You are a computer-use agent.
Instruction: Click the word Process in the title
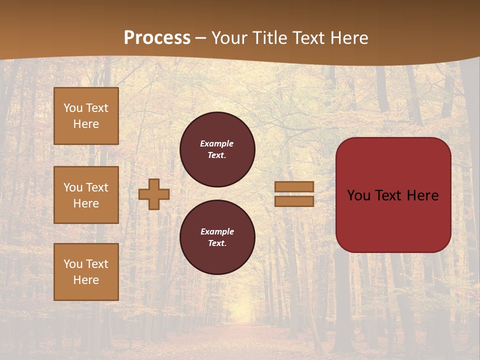coord(157,38)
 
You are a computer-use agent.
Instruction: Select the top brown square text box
coord(86,116)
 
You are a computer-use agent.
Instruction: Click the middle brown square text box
coord(86,195)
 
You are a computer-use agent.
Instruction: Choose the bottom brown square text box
coord(86,272)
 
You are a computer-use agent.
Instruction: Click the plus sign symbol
coord(154,194)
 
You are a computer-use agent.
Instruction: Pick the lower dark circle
coord(217,237)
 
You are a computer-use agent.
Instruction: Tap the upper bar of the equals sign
coord(294,186)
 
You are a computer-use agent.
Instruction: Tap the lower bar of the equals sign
coord(294,201)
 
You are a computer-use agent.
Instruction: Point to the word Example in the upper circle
coord(217,143)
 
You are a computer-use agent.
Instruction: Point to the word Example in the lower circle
coord(217,231)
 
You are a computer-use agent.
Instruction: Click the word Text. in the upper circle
coord(217,155)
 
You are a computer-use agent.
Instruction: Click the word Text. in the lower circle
coord(217,243)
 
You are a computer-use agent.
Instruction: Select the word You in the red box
coord(358,195)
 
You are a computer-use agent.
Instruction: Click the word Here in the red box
coord(422,195)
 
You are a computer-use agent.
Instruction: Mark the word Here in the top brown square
coord(86,124)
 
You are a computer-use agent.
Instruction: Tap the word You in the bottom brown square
coord(73,264)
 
